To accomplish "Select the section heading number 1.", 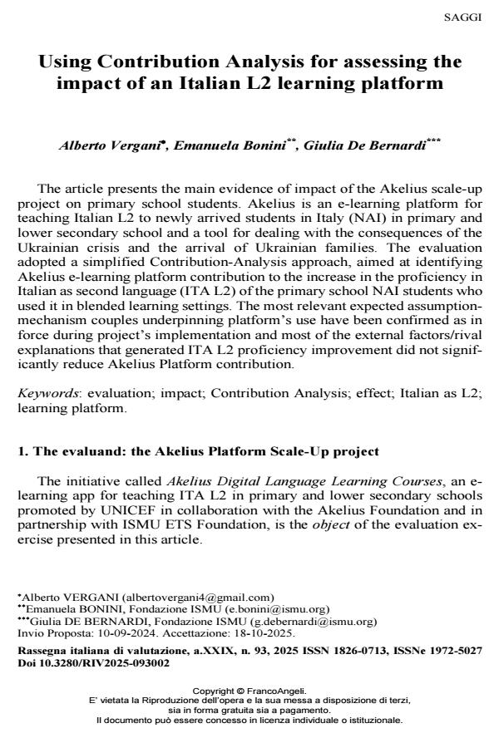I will [x=22, y=451].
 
